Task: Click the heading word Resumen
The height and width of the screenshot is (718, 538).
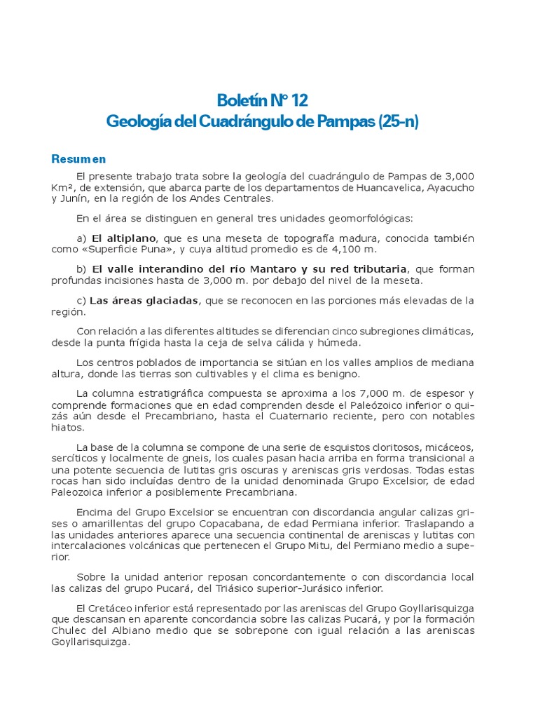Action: pyautogui.click(x=78, y=159)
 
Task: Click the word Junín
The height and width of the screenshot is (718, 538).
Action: pyautogui.click(x=76, y=198)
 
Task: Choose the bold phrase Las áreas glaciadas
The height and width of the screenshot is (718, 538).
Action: pyautogui.click(x=144, y=300)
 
